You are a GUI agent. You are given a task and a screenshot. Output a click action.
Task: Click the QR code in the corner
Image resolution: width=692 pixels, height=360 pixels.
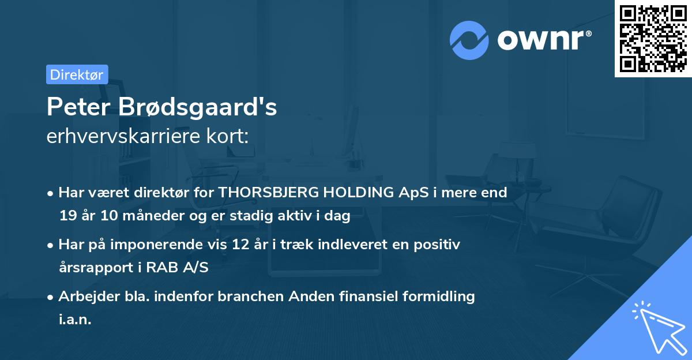(653, 38)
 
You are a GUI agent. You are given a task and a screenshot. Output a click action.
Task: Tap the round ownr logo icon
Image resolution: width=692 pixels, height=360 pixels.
(469, 40)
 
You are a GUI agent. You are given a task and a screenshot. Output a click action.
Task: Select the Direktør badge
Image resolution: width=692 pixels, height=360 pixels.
(77, 74)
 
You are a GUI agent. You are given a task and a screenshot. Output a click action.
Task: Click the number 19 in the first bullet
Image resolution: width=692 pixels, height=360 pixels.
(67, 216)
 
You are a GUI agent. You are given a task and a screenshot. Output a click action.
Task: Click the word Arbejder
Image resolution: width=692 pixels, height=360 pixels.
(85, 297)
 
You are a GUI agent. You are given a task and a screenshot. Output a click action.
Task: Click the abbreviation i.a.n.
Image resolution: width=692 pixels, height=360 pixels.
(75, 320)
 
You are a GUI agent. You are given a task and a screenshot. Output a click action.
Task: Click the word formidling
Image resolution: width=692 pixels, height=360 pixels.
(436, 297)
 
